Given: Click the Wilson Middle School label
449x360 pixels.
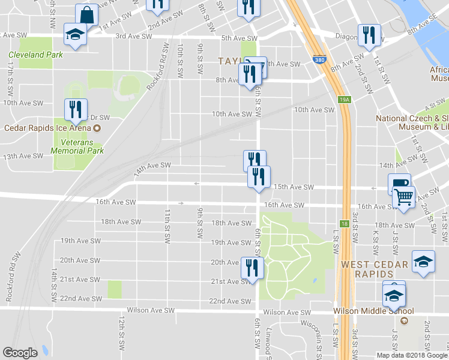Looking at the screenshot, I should click(373, 311).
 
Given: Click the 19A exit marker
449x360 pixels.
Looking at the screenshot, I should click(343, 100).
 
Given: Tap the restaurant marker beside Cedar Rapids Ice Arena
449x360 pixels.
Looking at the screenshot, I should click(76, 109).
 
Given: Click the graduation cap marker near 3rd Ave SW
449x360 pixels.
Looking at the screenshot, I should click(76, 34).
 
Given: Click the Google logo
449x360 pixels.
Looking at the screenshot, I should click(20, 353).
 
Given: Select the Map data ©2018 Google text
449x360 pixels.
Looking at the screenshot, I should click(412, 355).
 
